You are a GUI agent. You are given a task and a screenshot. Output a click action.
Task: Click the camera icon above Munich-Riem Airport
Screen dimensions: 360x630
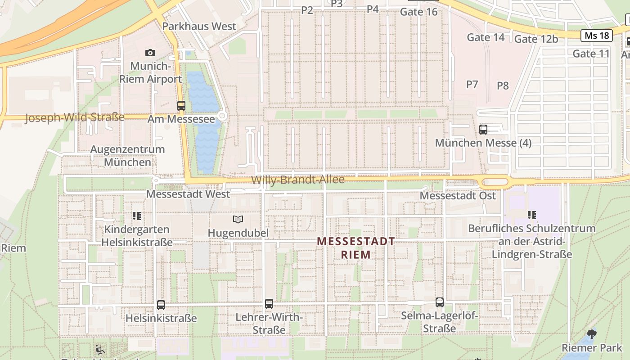[x=150, y=53]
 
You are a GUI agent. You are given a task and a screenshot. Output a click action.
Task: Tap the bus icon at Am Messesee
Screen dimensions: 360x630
[x=181, y=106]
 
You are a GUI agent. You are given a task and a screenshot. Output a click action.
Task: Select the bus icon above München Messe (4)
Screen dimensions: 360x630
[x=483, y=130]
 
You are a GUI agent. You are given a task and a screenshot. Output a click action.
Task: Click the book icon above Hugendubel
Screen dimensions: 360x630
[x=238, y=219]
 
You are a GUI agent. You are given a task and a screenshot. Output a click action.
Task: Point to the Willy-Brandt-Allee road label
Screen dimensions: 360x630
[x=298, y=180]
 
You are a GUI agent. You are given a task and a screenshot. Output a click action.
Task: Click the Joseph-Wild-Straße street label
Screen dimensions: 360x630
[x=75, y=118]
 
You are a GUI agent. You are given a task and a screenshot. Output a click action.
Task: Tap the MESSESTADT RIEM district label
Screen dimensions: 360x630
[x=356, y=248]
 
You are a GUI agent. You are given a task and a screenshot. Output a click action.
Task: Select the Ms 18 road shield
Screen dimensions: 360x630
[x=597, y=36]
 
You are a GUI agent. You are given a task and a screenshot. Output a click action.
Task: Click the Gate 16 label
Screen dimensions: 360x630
[x=418, y=12]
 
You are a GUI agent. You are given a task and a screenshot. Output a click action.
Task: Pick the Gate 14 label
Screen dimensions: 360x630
[x=486, y=37]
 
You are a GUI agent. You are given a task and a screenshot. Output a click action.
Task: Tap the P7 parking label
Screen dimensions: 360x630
[x=472, y=84]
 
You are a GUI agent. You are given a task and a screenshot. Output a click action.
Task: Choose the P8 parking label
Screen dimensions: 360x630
[x=503, y=85]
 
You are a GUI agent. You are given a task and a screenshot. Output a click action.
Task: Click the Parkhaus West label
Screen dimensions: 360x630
[x=199, y=26]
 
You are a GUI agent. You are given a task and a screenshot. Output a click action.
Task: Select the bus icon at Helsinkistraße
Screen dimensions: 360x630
[x=161, y=305]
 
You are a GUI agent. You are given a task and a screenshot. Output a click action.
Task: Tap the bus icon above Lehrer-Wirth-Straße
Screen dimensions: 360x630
[x=269, y=303]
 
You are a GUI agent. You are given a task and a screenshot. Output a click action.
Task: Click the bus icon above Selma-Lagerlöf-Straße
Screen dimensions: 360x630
[x=440, y=302]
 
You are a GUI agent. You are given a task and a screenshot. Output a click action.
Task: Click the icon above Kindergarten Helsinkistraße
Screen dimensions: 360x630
[x=137, y=216]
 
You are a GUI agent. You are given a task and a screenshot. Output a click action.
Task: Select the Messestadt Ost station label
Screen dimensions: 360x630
[x=458, y=196]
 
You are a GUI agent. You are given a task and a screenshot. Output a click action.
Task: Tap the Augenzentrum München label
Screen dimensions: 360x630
[x=127, y=155]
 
